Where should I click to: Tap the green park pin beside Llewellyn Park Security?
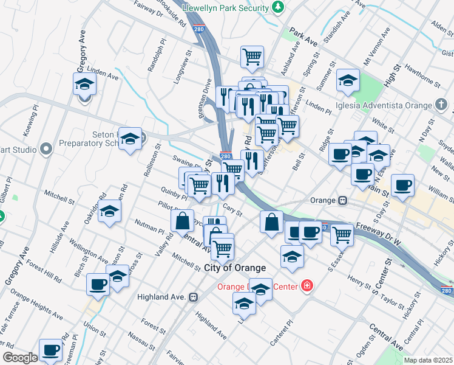coord(277,7)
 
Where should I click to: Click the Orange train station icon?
coord(343,200)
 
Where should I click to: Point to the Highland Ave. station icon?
coord(194,297)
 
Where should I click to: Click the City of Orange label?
coord(235,268)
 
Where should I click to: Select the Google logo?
coord(20,358)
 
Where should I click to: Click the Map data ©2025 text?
coord(428,360)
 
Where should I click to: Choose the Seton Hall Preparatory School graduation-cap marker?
coord(130,139)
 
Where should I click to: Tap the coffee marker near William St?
coord(402,185)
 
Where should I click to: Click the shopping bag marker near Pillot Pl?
coord(183,221)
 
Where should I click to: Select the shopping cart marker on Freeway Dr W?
coord(342,234)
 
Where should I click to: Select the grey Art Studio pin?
coord(46,148)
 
